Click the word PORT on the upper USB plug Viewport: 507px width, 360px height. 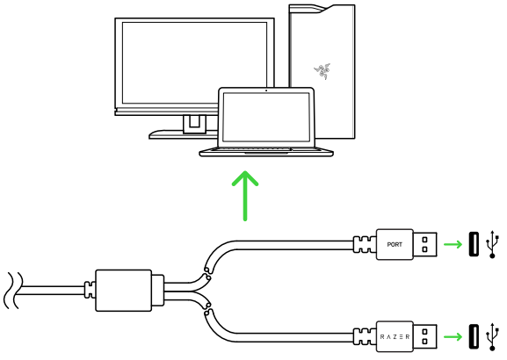tap(395, 245)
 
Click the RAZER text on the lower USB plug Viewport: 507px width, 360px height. tap(395, 337)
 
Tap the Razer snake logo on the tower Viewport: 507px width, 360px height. tap(322, 71)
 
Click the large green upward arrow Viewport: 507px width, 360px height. tap(245, 196)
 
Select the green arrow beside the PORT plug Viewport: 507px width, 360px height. tap(453, 244)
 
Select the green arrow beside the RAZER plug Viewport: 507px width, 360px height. tap(453, 337)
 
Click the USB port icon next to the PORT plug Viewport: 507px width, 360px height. tap(474, 244)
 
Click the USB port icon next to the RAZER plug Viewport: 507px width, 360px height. tap(474, 337)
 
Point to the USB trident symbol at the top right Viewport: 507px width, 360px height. tap(492, 244)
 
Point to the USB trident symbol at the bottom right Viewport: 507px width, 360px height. tap(492, 337)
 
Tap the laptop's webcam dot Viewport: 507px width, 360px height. tap(266, 90)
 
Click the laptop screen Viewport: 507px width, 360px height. tap(266, 117)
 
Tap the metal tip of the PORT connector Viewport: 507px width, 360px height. tap(425, 244)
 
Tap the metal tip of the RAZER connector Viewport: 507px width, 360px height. tap(425, 337)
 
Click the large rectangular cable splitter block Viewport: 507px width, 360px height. tap(124, 291)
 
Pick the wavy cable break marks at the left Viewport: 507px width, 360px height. tap(13, 291)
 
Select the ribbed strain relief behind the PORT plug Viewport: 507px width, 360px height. tap(365, 244)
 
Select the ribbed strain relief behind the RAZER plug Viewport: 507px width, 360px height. tap(365, 337)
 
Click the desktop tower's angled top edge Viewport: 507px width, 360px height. tap(322, 9)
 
